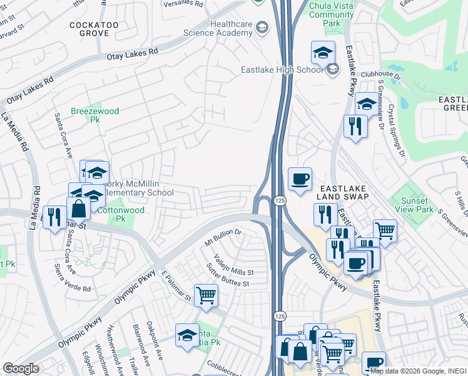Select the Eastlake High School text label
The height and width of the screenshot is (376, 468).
click(282, 70)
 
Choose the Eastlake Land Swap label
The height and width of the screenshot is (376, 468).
click(343, 192)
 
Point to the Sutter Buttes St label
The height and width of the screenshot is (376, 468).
click(229, 278)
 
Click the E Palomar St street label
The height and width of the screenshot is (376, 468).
click(176, 286)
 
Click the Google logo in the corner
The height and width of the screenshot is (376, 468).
click(21, 368)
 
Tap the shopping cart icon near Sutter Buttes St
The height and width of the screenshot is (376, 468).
click(206, 295)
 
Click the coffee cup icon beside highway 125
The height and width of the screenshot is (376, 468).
click(300, 179)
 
